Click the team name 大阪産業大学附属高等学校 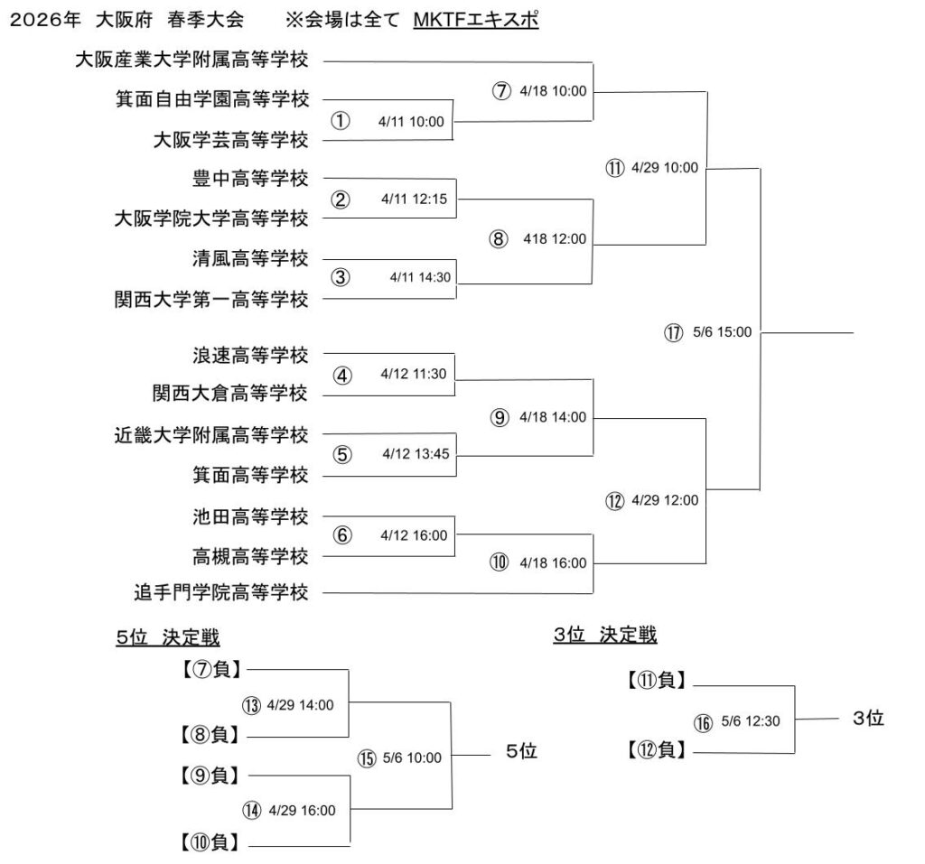[192, 60]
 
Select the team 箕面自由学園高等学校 [212, 98]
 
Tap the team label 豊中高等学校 [250, 178]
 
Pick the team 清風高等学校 [250, 259]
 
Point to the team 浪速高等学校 [250, 353]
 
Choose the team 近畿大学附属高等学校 [212, 434]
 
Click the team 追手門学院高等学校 [221, 592]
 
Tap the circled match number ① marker [340, 121]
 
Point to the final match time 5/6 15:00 [722, 332]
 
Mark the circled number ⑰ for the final [673, 332]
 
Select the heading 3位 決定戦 [605, 635]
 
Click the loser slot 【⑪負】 [657, 681]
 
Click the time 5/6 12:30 [750, 720]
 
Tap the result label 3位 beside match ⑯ [867, 719]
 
